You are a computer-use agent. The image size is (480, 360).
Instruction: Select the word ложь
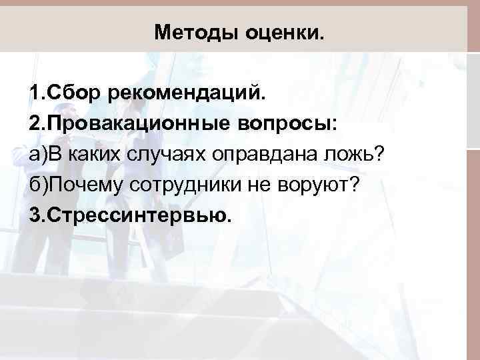pyautogui.click(x=351, y=154)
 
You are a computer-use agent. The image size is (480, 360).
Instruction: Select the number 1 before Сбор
pyautogui.click(x=34, y=93)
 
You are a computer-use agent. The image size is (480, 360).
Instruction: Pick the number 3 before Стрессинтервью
pyautogui.click(x=34, y=215)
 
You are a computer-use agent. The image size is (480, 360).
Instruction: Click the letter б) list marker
pyautogui.click(x=38, y=185)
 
